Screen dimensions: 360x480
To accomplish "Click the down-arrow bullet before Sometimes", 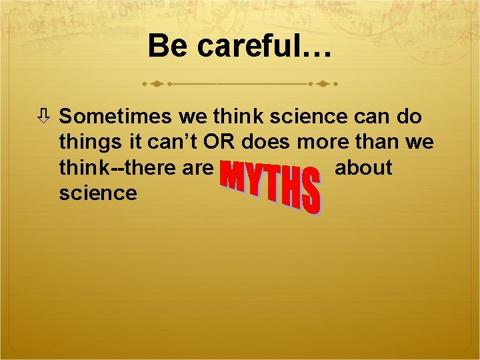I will [48, 117].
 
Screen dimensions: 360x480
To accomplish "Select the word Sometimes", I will [117, 117].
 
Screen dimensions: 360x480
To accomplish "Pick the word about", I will [363, 167].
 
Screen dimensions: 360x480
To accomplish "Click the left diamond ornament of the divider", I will [156, 85].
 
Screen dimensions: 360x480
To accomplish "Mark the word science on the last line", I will [98, 193].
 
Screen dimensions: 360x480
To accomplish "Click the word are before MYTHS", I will [198, 167].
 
